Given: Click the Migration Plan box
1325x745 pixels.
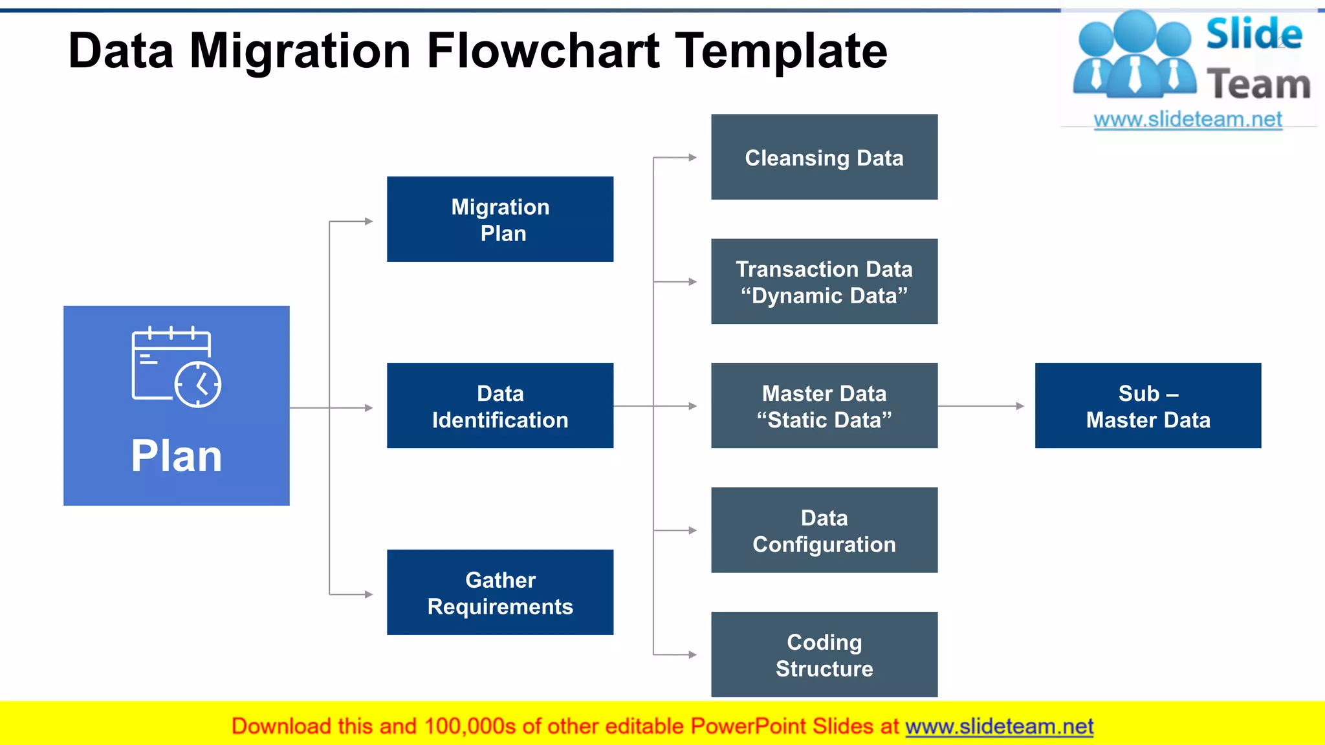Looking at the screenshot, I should coord(500,219).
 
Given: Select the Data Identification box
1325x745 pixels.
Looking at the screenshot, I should coord(500,405).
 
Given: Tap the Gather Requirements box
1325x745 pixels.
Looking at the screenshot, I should coord(500,592).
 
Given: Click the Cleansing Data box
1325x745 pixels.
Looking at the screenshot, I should coord(824,157).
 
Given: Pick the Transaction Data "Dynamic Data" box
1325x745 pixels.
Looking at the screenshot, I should coord(824,281).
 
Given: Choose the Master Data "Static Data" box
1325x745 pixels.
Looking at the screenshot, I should coord(824,405).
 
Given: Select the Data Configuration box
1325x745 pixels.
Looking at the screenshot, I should coord(824,530).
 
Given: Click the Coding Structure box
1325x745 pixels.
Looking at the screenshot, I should coord(824,654).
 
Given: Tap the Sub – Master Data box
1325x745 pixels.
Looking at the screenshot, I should coord(1148,405).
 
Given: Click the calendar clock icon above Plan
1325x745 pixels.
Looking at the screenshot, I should coord(176,367).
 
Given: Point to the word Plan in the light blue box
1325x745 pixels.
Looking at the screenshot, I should coord(176,456).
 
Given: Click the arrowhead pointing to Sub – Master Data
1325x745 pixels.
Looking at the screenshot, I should coord(1020,406).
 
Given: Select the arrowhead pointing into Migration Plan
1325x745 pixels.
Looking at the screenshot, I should coord(369,221).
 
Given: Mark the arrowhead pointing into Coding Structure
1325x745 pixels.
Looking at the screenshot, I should coord(693,654).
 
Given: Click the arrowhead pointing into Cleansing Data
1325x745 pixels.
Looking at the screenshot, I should coord(693,157).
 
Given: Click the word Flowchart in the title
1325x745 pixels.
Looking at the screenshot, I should coord(543,52).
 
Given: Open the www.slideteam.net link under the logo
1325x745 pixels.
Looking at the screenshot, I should coord(1188,120).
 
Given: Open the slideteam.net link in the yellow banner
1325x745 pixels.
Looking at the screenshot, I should coord(999,727).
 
